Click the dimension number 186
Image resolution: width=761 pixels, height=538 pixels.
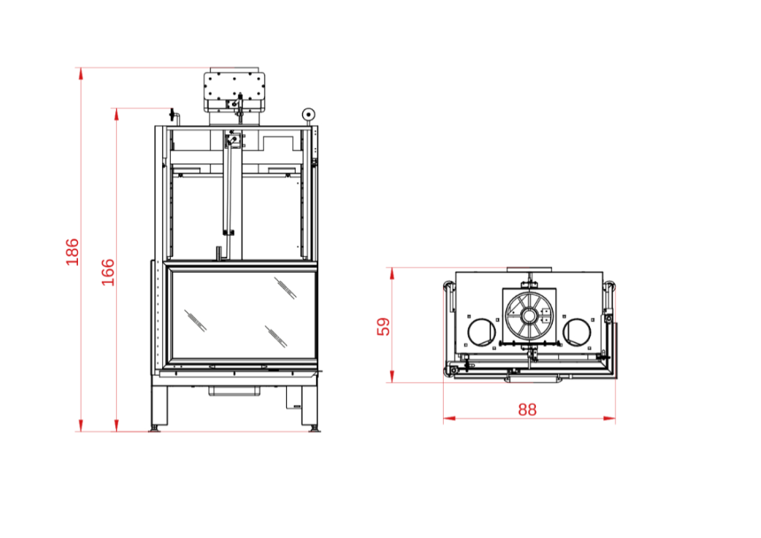(x=72, y=252)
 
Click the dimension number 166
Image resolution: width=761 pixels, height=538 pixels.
(x=108, y=272)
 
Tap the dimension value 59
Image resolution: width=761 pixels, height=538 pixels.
(x=383, y=326)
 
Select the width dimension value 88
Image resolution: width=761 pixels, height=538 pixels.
(x=528, y=410)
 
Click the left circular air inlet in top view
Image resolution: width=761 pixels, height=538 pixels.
(x=482, y=332)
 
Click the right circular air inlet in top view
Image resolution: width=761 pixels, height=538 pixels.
(x=577, y=332)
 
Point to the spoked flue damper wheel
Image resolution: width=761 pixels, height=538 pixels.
(x=529, y=317)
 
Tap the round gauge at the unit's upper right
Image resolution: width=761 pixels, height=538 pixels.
(x=308, y=114)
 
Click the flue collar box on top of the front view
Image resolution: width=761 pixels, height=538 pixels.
(x=234, y=91)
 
